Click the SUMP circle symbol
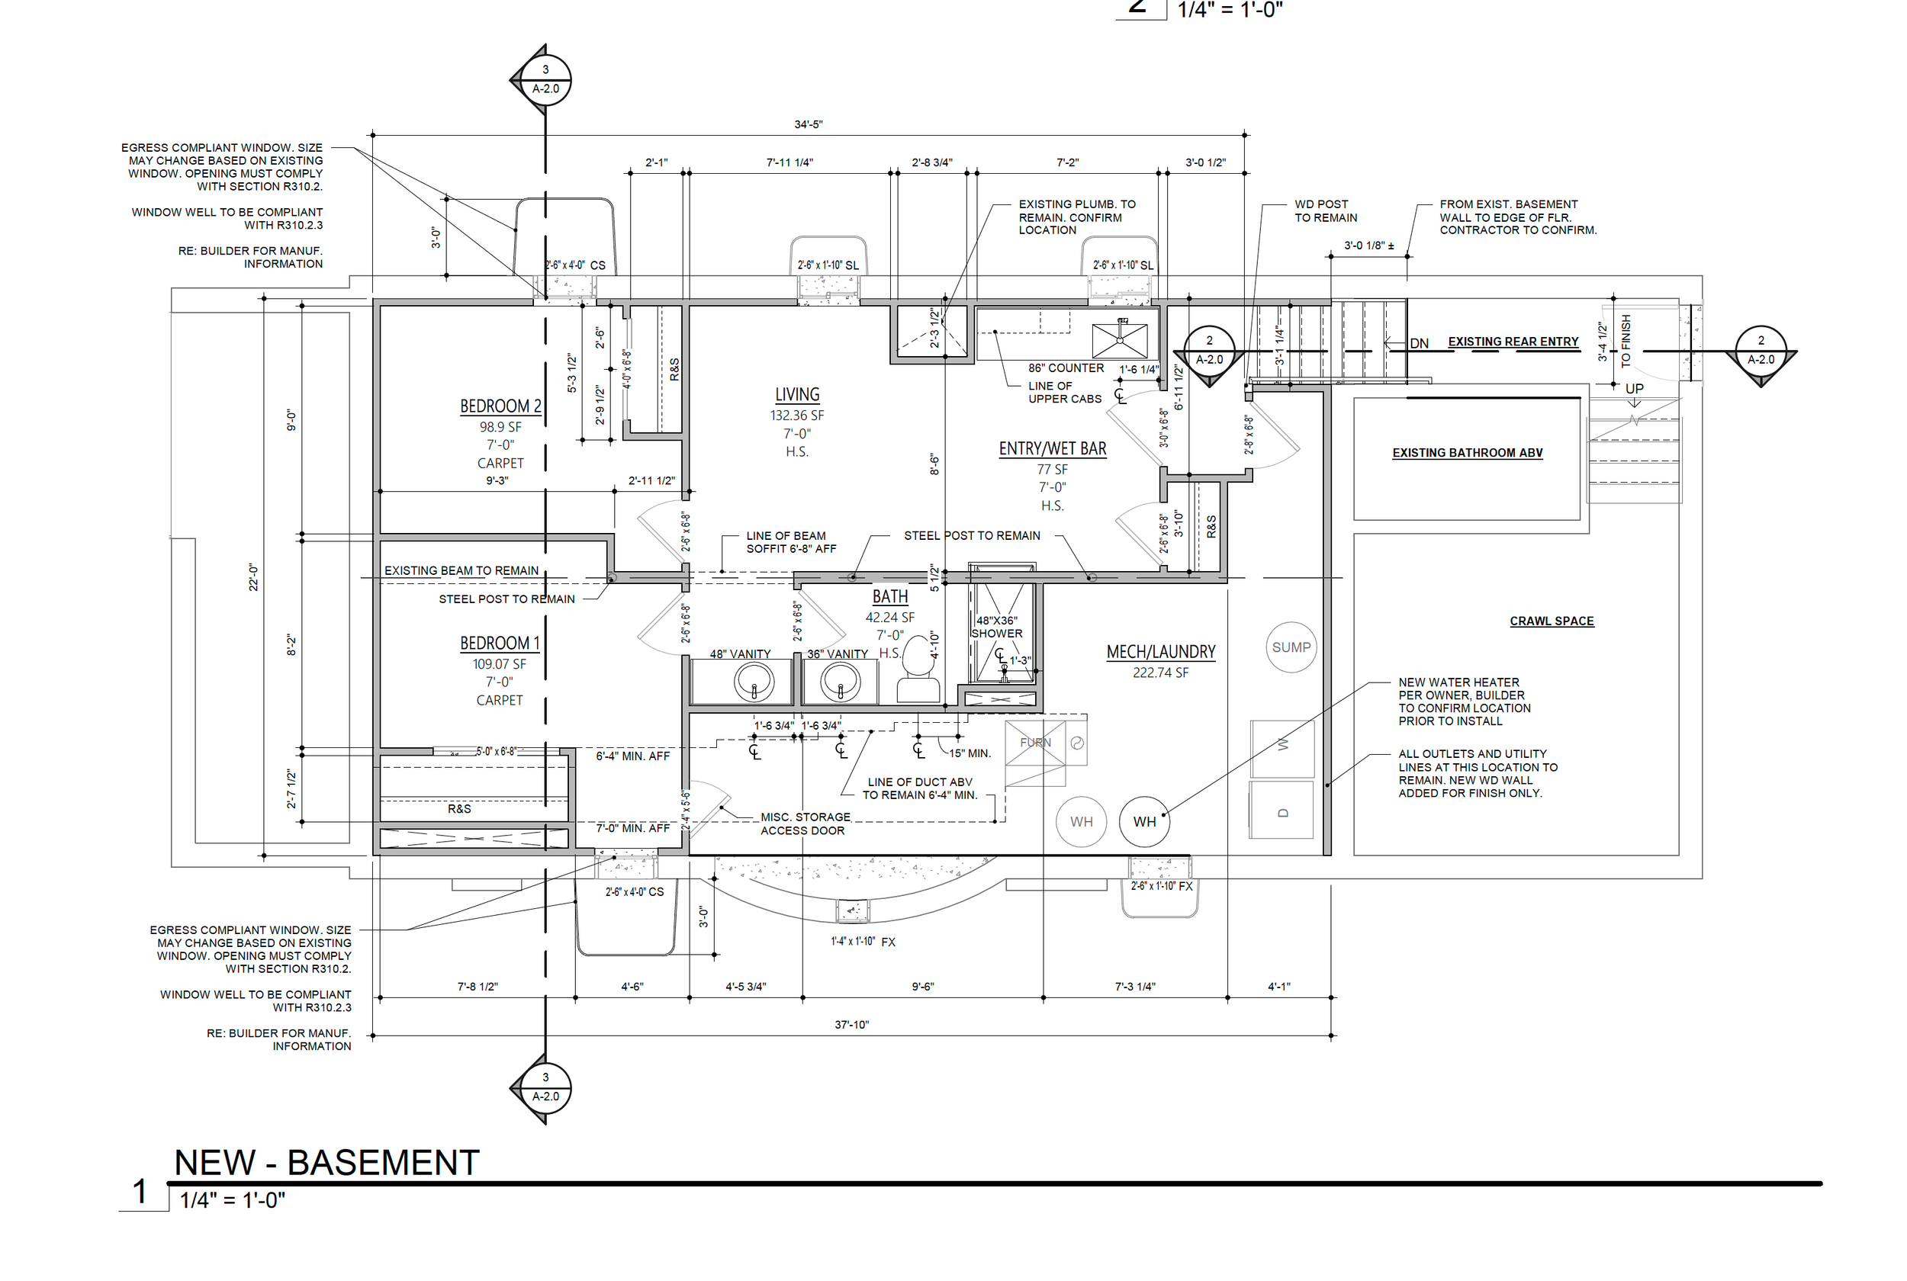(x=1290, y=647)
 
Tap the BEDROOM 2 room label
(x=500, y=406)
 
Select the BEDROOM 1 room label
(x=499, y=643)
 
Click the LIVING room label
(x=796, y=395)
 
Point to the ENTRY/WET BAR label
(x=1052, y=448)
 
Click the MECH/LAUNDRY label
(x=1160, y=652)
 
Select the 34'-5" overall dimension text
(x=808, y=124)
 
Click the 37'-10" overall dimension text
(x=851, y=1025)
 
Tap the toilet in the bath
(x=918, y=670)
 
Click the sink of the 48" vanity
(x=754, y=682)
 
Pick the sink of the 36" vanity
(x=839, y=682)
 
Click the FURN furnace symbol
(x=1035, y=743)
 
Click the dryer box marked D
(x=1282, y=811)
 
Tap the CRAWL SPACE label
(x=1551, y=621)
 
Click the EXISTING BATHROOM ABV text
(x=1467, y=453)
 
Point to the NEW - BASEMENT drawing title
(x=326, y=1163)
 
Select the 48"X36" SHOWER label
(x=996, y=627)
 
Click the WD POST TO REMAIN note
(x=1325, y=210)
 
